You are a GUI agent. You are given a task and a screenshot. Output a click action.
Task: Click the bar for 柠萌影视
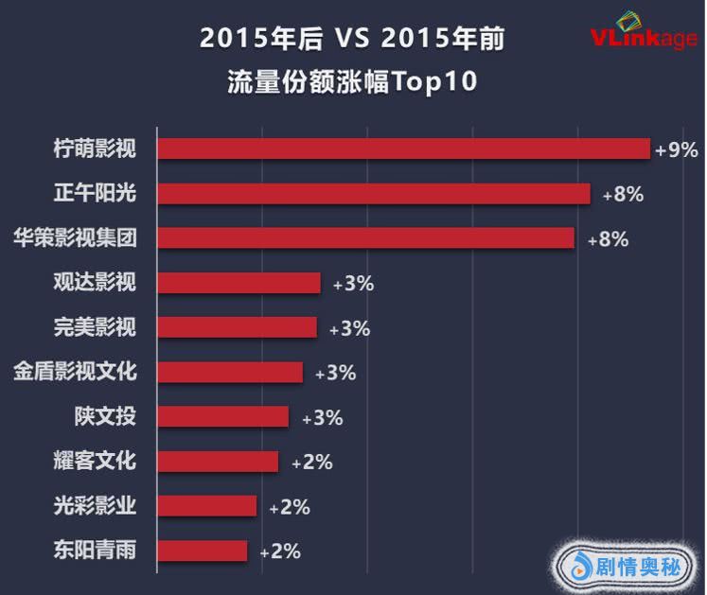pos(403,149)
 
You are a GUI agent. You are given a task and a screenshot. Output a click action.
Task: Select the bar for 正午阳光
pos(373,194)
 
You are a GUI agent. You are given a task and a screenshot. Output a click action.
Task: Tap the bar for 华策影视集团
pos(365,238)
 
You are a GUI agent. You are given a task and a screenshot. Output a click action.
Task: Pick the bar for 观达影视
pos(239,283)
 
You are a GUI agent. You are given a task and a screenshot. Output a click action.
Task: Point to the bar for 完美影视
pos(237,327)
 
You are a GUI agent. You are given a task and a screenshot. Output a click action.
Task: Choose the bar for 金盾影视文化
pos(230,372)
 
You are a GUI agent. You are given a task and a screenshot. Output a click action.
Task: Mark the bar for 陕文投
pos(222,416)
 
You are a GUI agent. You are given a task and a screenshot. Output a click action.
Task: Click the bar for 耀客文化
pos(218,461)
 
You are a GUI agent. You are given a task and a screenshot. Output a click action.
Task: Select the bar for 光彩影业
pos(206,506)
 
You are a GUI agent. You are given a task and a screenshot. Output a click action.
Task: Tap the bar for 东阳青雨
pos(202,551)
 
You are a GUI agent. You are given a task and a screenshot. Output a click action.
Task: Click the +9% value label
pos(676,149)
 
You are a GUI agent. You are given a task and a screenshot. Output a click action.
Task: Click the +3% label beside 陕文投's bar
pos(322,417)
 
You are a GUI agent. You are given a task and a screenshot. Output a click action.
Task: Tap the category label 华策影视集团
pos(77,238)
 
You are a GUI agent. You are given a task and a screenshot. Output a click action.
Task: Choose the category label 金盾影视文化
pos(77,372)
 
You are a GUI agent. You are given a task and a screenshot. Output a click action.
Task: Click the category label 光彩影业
pos(95,506)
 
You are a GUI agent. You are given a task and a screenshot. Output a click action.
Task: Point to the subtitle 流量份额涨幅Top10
pos(352,81)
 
